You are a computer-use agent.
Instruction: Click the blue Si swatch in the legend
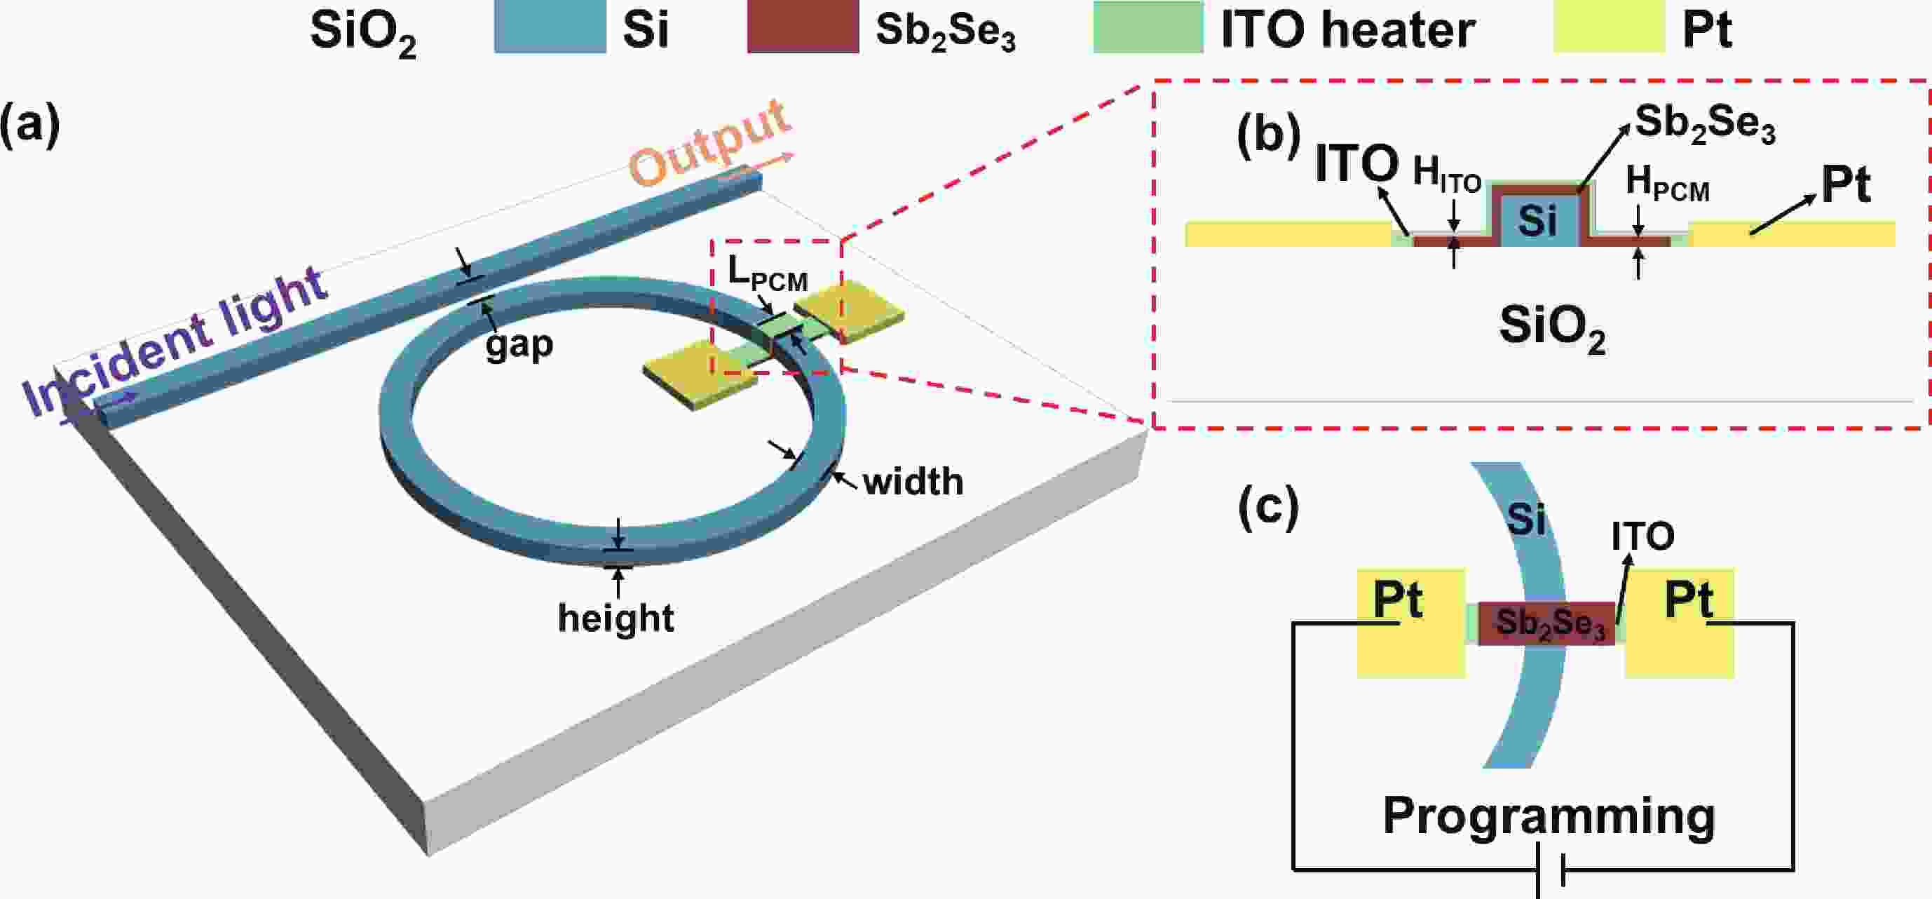[550, 29]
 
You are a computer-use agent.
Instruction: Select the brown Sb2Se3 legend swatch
[803, 29]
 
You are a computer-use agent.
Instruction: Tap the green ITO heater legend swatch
[1148, 29]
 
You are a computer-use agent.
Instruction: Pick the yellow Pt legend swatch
[1609, 29]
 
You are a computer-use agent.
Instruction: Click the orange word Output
[708, 142]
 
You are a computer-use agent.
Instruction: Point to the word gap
[519, 345]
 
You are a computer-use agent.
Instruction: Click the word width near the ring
[913, 482]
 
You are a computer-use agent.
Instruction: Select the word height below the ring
[615, 619]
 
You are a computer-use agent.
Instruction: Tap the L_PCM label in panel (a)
[767, 273]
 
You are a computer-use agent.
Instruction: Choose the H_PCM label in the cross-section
[1666, 184]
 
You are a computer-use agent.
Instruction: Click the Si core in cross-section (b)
[1537, 221]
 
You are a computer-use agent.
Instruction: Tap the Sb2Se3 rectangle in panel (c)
[1546, 623]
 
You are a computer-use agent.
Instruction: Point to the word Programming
[1549, 816]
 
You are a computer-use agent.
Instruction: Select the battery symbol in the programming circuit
[1550, 870]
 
